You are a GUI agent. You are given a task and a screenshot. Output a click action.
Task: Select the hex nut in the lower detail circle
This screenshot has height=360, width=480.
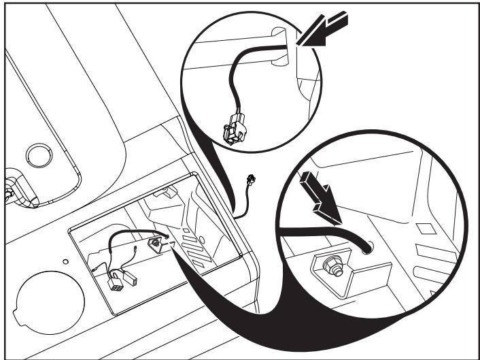click(335, 266)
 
